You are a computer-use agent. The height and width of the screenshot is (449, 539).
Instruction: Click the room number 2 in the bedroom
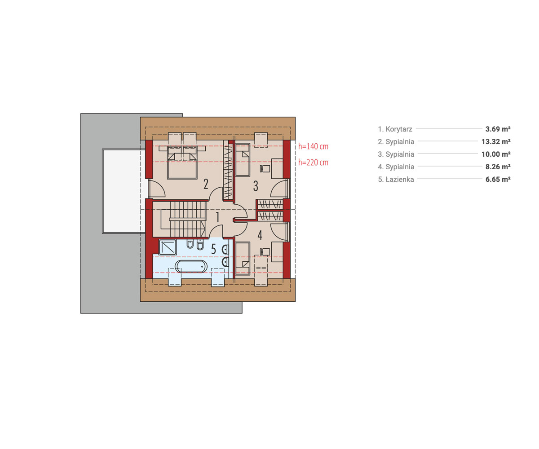[x=205, y=184]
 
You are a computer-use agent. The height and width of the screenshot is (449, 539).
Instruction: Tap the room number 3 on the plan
[x=256, y=186]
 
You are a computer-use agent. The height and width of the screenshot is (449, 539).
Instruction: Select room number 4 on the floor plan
[x=260, y=235]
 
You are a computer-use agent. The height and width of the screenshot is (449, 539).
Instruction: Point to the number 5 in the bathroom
[x=213, y=249]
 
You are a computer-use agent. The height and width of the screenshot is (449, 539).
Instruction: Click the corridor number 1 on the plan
[x=217, y=217]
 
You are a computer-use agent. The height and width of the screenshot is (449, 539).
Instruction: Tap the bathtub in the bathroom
[x=191, y=266]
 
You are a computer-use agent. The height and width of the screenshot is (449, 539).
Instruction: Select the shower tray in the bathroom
[x=168, y=247]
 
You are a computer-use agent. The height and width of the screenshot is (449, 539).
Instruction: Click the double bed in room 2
[x=182, y=162]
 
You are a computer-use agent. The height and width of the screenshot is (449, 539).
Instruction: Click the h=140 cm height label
[x=313, y=146]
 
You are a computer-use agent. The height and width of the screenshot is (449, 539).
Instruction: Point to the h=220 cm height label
[x=313, y=162]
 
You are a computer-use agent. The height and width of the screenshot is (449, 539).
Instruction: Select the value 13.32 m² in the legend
[x=496, y=141]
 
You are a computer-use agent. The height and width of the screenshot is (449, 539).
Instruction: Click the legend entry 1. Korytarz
[x=395, y=129]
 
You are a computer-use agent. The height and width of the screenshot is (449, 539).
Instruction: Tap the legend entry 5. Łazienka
[x=396, y=179]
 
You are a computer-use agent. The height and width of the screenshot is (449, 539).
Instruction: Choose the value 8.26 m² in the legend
[x=498, y=167]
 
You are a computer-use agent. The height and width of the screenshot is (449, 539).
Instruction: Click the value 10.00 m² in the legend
[x=496, y=154]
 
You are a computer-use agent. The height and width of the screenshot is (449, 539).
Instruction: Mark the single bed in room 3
[x=243, y=160]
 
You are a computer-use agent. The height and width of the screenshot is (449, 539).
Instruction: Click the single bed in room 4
[x=243, y=258]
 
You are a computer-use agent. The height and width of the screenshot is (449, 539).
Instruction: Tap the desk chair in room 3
[x=265, y=169]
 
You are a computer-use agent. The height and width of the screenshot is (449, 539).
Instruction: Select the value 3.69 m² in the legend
[x=498, y=129]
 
